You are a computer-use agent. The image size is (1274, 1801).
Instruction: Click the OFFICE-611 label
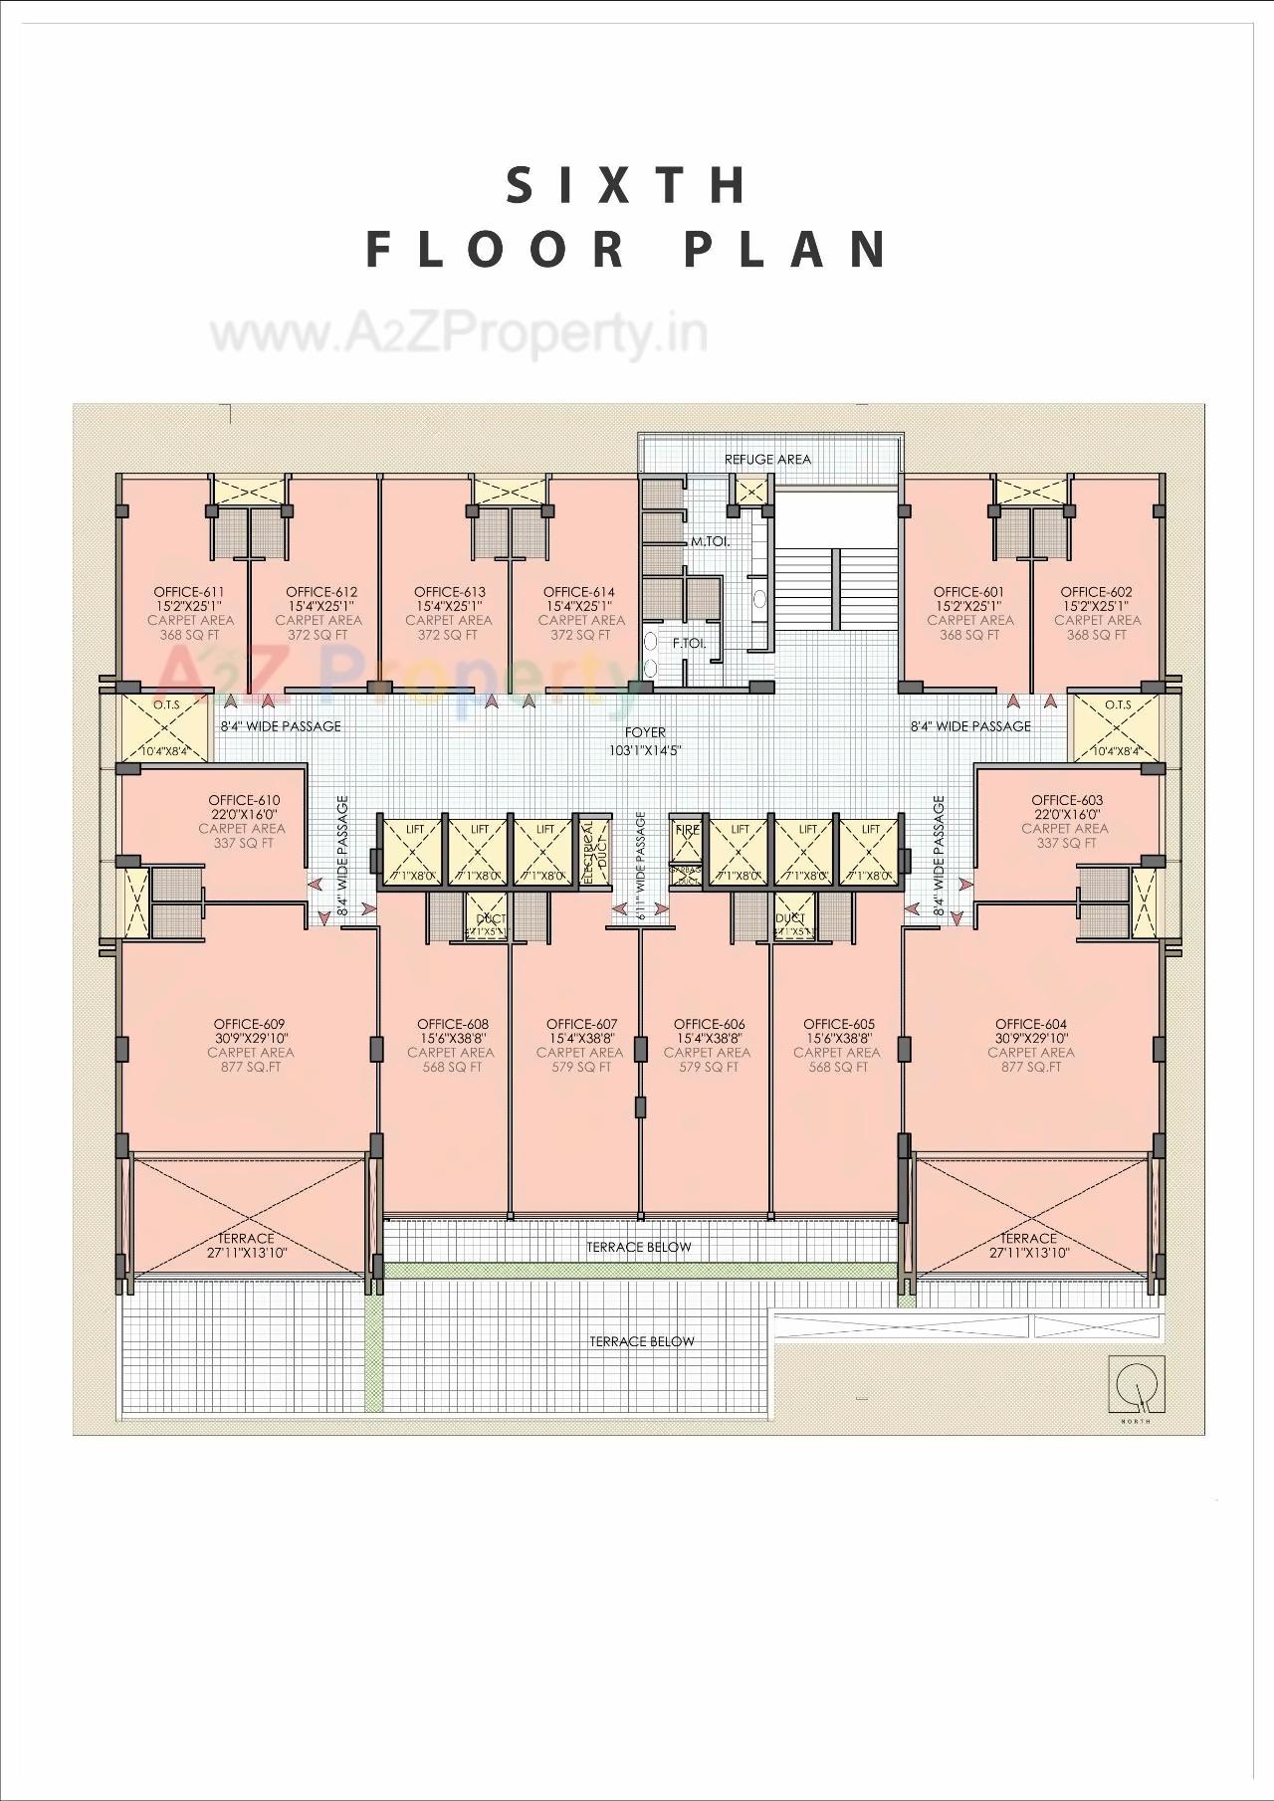click(x=189, y=591)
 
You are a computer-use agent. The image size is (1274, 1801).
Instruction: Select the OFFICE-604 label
click(x=1030, y=1023)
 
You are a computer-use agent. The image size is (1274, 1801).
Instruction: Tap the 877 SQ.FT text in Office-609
click(x=251, y=1067)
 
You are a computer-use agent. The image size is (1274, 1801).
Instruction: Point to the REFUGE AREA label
click(x=767, y=459)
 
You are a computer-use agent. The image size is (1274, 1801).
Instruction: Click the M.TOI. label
click(x=711, y=542)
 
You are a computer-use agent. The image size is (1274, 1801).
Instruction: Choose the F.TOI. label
click(x=689, y=643)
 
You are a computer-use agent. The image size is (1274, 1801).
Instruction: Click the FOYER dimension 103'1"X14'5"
click(x=645, y=750)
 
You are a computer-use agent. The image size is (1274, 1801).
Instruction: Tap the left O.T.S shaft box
click(x=164, y=727)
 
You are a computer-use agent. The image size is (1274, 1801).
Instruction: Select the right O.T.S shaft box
click(x=1116, y=727)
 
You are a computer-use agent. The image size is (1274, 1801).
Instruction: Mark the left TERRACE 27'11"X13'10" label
click(x=246, y=1245)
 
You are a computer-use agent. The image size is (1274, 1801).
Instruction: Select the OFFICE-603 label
click(x=1067, y=799)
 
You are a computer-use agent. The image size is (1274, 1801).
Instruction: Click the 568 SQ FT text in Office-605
click(x=838, y=1067)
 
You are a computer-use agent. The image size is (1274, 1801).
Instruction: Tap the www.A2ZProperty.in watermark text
click(x=459, y=335)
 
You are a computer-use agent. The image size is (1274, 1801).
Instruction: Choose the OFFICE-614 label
click(x=579, y=591)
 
